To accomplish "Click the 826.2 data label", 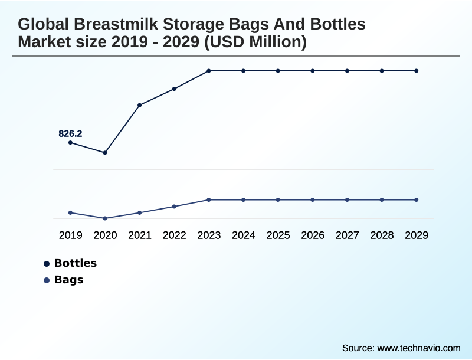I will pos(70,134).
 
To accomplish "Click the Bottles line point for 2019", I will pos(70,143).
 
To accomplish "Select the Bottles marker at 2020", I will pos(105,153).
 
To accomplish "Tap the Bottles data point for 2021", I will pos(140,105).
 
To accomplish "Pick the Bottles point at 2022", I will pos(174,89).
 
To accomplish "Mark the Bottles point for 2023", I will pos(209,71).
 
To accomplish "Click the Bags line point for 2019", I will pos(70,212).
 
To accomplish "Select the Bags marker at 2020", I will pos(105,218).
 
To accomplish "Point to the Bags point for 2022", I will pos(174,207).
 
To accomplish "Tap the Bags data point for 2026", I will pos(313,199).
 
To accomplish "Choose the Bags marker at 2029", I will pos(417,199).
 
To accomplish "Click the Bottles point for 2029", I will pos(417,71).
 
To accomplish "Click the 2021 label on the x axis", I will pos(140,235).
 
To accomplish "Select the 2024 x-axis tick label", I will pos(244,235).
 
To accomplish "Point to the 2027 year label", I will pos(348,235).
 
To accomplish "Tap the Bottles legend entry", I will pos(75,263).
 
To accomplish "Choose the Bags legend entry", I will pos(68,280).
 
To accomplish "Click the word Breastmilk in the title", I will pos(112,25).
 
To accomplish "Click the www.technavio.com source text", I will pos(418,348).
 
